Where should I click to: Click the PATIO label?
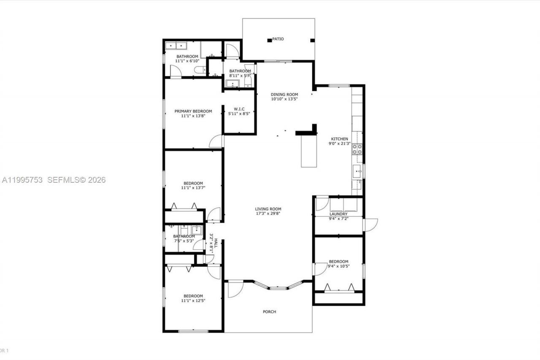point(278,39)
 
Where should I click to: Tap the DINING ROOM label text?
point(284,95)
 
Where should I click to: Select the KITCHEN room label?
point(339,139)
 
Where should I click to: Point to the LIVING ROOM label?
point(268,209)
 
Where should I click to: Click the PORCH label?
point(269,312)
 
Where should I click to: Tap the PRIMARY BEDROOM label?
point(193,111)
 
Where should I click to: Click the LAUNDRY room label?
point(338,214)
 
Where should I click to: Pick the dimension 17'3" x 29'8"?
point(268,214)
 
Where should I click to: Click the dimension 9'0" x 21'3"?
point(339,143)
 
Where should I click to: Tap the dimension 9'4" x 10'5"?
point(338,266)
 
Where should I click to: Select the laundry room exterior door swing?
point(370,225)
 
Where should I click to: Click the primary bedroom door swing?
point(216,141)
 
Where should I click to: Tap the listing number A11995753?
point(22,180)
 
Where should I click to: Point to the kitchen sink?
point(357,171)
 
